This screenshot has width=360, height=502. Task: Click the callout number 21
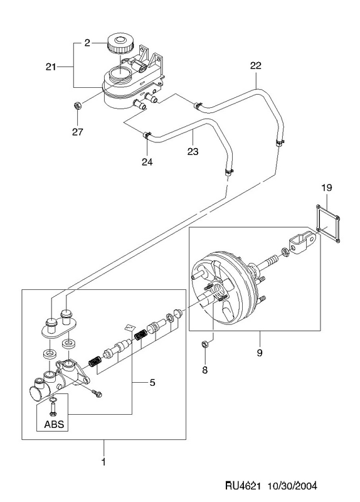[x=51, y=67]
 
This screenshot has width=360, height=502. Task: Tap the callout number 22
[x=256, y=66]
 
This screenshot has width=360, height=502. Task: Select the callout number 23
[x=193, y=151]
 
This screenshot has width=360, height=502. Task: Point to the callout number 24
[x=147, y=162]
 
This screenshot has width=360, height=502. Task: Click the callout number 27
[x=77, y=132]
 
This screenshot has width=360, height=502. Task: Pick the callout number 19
[x=326, y=188]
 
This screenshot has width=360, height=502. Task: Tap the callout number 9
[x=260, y=353]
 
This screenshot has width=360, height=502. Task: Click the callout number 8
[x=205, y=370]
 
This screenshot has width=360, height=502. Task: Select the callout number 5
[x=152, y=382]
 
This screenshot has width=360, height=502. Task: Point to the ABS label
[x=54, y=424]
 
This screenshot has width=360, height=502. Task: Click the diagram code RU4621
[x=242, y=486]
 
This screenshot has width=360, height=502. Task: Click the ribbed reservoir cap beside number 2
[x=120, y=43]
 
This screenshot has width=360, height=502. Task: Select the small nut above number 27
[x=77, y=105]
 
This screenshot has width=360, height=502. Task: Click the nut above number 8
[x=205, y=344]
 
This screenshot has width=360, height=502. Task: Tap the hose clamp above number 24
[x=146, y=135]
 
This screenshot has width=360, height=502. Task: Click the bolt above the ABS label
[x=53, y=409]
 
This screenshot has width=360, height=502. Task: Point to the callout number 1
[x=103, y=462]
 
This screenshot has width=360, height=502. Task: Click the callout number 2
[x=87, y=43]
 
